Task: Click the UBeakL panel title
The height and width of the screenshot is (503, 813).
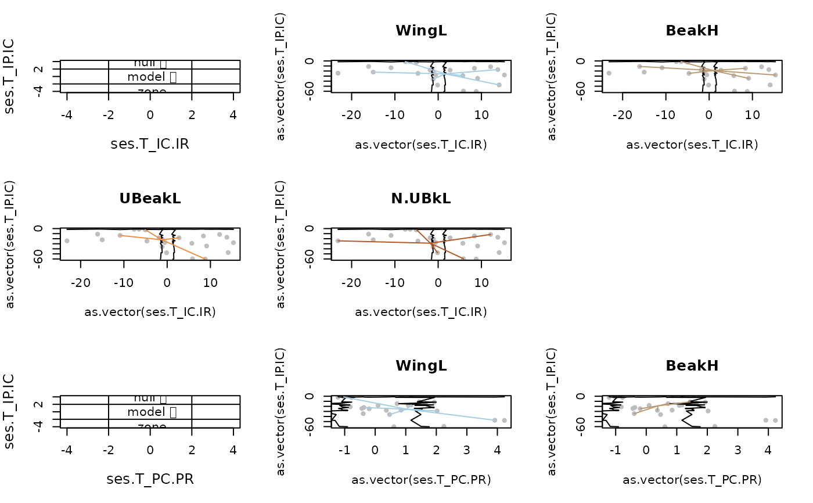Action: click(x=150, y=198)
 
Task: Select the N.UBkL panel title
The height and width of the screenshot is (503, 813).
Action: click(x=421, y=198)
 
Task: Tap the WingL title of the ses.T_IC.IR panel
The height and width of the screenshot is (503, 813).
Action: click(x=421, y=31)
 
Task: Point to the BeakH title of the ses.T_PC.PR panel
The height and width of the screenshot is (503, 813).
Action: click(x=692, y=365)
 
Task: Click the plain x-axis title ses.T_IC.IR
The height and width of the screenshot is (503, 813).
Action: click(x=150, y=143)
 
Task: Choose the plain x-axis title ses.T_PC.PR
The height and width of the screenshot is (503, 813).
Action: click(x=150, y=479)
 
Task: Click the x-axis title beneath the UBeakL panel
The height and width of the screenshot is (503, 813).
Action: click(x=150, y=312)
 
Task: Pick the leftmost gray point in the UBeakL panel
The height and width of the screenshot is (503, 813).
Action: click(x=67, y=240)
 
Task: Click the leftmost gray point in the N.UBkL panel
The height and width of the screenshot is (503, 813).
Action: click(x=338, y=240)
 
